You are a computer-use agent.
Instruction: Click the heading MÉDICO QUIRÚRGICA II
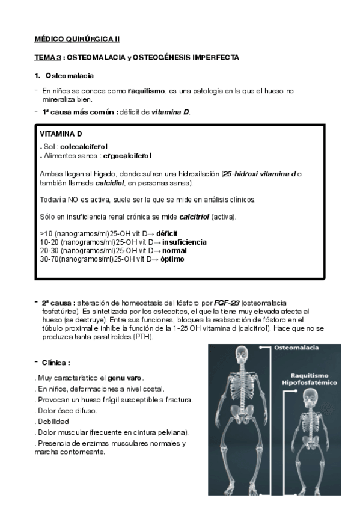(x=77, y=39)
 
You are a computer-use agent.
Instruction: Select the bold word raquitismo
(x=146, y=91)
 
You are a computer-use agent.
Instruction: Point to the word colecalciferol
(x=84, y=146)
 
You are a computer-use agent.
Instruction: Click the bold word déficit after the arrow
(x=167, y=233)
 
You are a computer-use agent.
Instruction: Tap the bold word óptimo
(x=172, y=259)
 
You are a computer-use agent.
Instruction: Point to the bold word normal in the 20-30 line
(x=174, y=250)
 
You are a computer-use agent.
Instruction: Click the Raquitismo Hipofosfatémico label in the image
(x=311, y=378)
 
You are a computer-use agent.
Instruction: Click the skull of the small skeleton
(x=312, y=399)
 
